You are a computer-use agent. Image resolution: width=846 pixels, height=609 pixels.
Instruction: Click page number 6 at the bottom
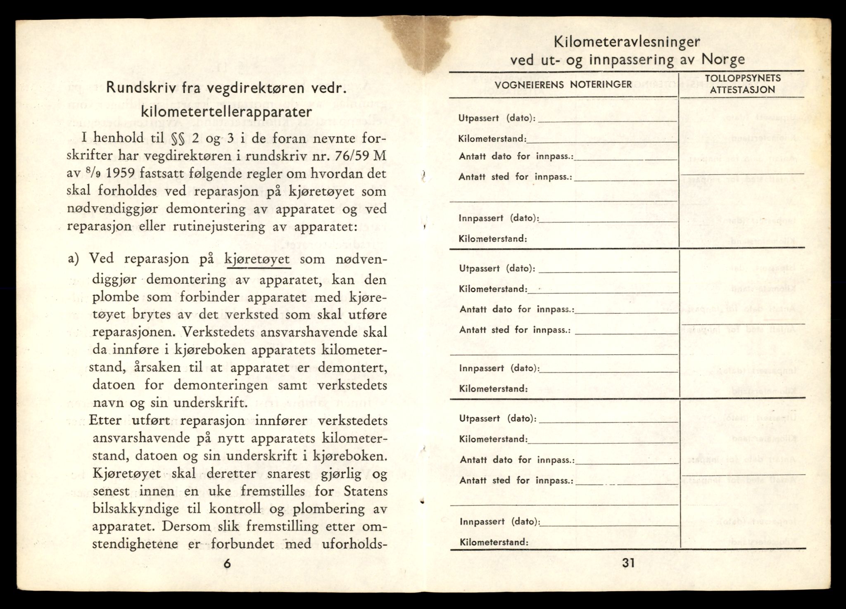227,564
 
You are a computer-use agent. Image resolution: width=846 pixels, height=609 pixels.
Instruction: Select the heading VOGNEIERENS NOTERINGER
563,85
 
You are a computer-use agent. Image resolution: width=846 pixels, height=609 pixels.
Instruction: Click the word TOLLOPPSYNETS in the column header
742,78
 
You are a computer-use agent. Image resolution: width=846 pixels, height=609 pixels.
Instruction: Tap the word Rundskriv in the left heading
139,88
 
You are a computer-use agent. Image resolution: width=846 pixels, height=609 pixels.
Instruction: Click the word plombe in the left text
113,297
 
